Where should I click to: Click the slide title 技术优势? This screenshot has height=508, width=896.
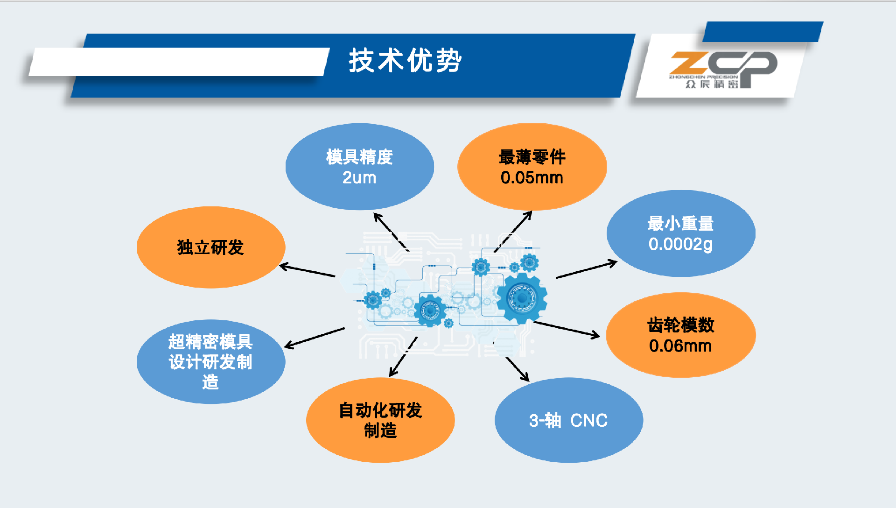point(405,61)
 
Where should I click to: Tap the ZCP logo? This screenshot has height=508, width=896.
point(723,70)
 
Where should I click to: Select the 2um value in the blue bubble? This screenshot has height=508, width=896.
point(359,177)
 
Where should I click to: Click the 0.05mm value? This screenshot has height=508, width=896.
point(532,177)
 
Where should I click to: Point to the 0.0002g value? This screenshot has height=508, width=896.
point(680,244)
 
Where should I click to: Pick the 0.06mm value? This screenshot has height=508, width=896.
point(680,346)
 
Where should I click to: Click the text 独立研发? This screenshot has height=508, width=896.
point(210,247)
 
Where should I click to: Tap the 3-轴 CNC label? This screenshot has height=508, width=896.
point(568,420)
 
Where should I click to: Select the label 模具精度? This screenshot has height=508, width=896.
point(359,157)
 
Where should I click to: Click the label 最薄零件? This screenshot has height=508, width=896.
point(532,157)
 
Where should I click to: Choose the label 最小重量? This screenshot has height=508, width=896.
point(680,224)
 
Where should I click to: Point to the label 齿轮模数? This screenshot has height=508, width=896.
point(681,325)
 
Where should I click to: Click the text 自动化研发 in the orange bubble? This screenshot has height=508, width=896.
point(380,410)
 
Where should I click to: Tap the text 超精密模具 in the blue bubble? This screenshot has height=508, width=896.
point(210,342)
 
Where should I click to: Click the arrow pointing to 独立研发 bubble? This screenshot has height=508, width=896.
point(307,271)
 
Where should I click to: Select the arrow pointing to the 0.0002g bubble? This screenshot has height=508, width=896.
point(587,270)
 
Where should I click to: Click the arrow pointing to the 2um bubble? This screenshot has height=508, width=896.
point(391,232)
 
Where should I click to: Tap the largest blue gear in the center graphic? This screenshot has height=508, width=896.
point(522,297)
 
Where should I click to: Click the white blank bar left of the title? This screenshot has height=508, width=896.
point(179,62)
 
